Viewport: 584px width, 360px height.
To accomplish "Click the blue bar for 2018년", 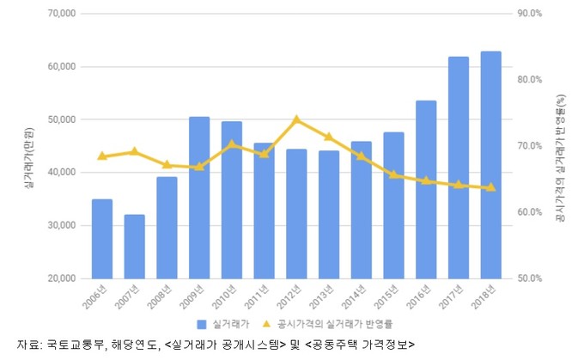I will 490,165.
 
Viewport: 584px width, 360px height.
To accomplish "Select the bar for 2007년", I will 134,247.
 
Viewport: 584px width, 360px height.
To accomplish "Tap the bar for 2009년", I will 199,198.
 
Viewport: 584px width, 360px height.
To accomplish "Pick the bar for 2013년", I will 328,215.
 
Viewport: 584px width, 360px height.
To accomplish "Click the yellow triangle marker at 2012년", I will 295,119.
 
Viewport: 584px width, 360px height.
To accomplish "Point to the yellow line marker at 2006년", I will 102,156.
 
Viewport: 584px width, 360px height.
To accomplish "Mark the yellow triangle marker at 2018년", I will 490,187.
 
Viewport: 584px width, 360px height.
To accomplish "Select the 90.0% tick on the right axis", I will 529,14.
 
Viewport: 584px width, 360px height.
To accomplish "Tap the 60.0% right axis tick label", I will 529,212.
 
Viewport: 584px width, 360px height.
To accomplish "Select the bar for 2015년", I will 393,205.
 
